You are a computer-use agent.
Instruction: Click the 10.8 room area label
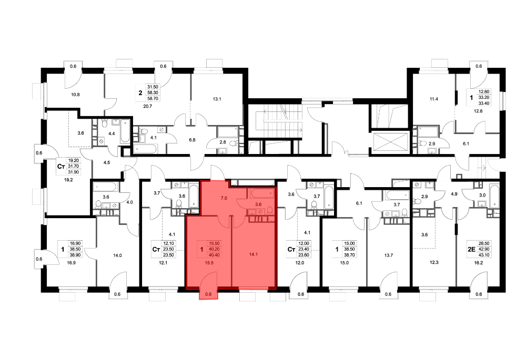75,95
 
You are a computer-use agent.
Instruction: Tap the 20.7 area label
148,106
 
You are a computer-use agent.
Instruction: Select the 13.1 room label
217,99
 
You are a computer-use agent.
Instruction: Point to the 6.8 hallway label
192,140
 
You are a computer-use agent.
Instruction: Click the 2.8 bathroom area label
223,142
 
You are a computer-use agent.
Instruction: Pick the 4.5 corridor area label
107,162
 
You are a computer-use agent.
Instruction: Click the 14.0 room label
117,255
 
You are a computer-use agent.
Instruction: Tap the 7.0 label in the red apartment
224,198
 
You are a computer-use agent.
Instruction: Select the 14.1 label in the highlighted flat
254,254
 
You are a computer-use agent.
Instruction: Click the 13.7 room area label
389,255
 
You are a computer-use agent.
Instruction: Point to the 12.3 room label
434,262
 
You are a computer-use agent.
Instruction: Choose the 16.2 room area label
479,263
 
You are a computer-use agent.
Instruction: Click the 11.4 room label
434,99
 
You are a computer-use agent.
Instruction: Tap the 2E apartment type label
472,249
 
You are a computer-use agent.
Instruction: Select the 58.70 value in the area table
153,99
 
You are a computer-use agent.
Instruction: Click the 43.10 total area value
484,255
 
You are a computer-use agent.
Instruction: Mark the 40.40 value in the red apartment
215,255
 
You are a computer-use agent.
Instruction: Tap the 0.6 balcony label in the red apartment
208,295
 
